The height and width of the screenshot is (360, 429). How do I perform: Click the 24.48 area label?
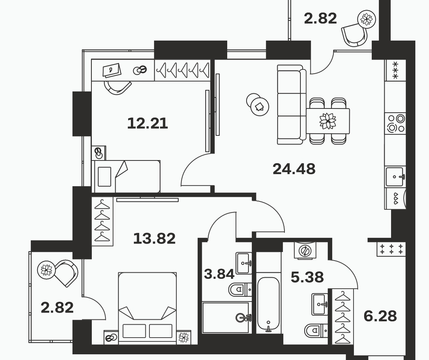[294, 169]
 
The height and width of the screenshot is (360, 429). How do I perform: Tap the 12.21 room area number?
[148, 123]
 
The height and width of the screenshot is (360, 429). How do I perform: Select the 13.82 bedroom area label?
[154, 238]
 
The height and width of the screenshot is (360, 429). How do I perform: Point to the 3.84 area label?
[219, 274]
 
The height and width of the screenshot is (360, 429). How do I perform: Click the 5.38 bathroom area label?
[307, 277]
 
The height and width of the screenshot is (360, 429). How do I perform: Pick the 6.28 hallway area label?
[380, 316]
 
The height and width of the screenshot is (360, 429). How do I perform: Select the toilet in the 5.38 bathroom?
[316, 330]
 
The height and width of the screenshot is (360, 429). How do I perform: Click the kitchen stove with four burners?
[395, 123]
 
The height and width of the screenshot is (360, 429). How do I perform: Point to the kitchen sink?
[395, 176]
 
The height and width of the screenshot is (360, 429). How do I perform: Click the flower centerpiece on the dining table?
[328, 121]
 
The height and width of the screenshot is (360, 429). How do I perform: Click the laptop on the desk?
[112, 70]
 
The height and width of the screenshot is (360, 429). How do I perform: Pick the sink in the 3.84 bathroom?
[244, 263]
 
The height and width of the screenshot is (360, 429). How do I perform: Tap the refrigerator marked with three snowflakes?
[395, 70]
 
